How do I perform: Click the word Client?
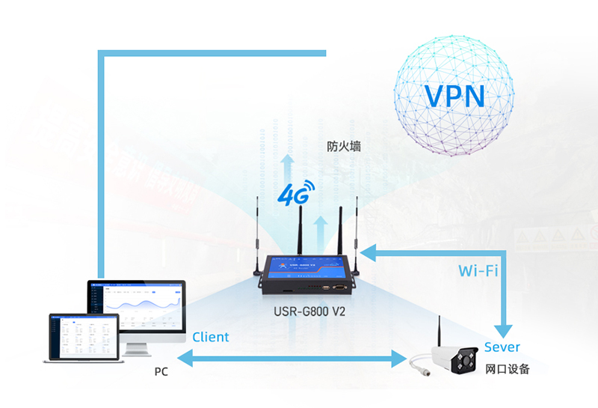tap(210, 337)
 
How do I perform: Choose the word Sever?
tap(502, 347)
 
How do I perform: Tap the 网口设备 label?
tap(507, 369)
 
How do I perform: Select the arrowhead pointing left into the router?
tap(370, 252)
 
